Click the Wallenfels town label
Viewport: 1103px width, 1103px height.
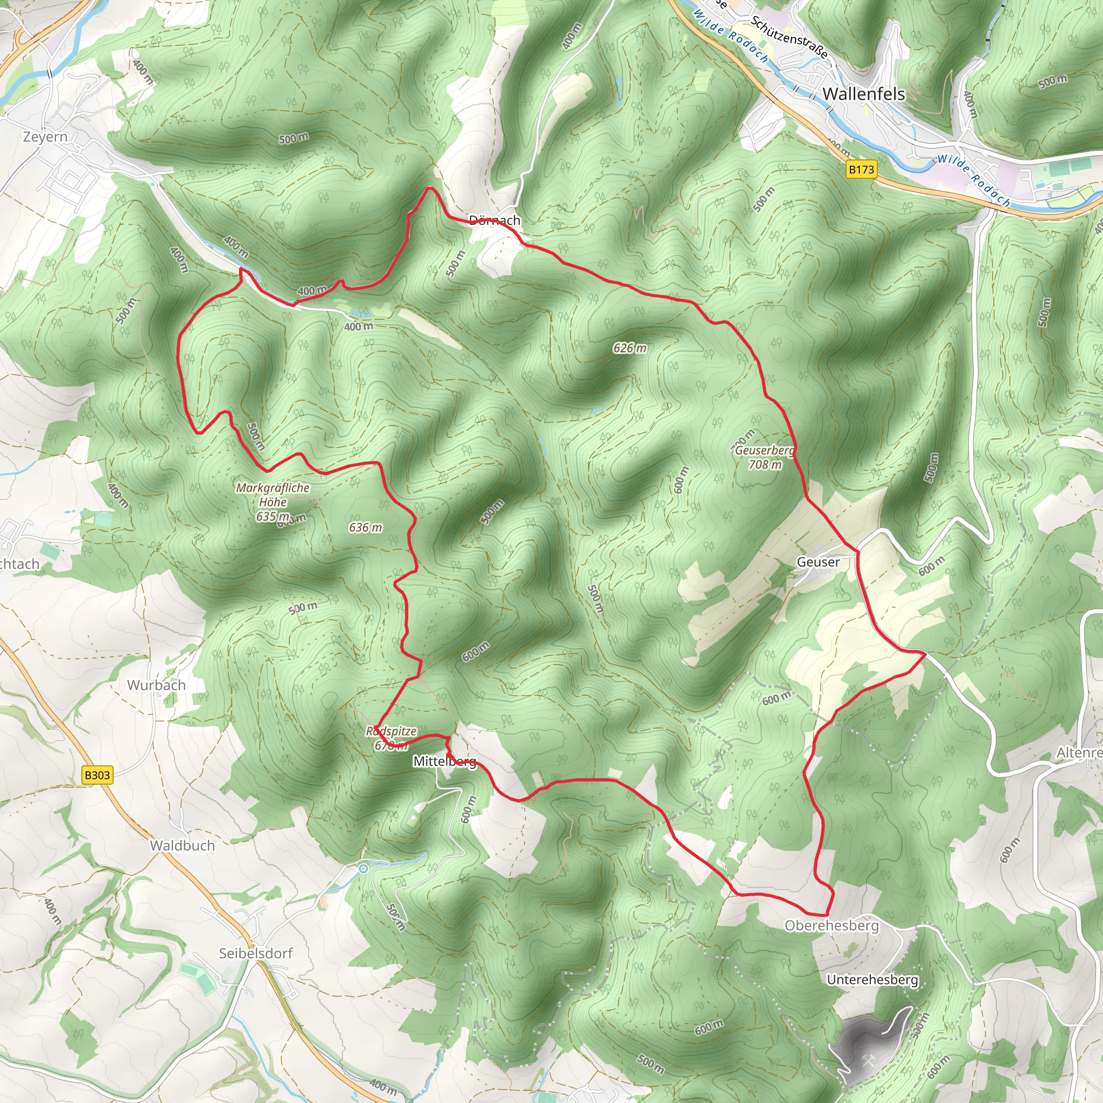click(863, 94)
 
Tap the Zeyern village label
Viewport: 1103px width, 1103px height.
click(45, 137)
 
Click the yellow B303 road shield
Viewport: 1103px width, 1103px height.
click(97, 776)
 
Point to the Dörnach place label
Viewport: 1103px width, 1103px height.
click(494, 220)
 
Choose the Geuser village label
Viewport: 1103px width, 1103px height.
click(818, 562)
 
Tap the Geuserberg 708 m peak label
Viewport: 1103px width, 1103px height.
click(765, 457)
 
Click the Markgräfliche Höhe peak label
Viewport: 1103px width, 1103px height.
click(273, 495)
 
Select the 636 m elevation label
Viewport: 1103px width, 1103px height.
click(365, 527)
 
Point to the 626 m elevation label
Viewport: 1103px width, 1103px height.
click(630, 348)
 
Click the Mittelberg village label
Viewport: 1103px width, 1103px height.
click(444, 762)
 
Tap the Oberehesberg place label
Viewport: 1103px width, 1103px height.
click(831, 925)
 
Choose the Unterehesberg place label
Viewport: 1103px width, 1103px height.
click(872, 980)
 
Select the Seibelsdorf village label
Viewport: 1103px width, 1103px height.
click(256, 953)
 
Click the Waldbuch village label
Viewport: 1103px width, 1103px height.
click(182, 846)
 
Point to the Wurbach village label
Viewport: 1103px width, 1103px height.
click(156, 685)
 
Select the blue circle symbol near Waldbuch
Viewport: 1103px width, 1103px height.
click(363, 869)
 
